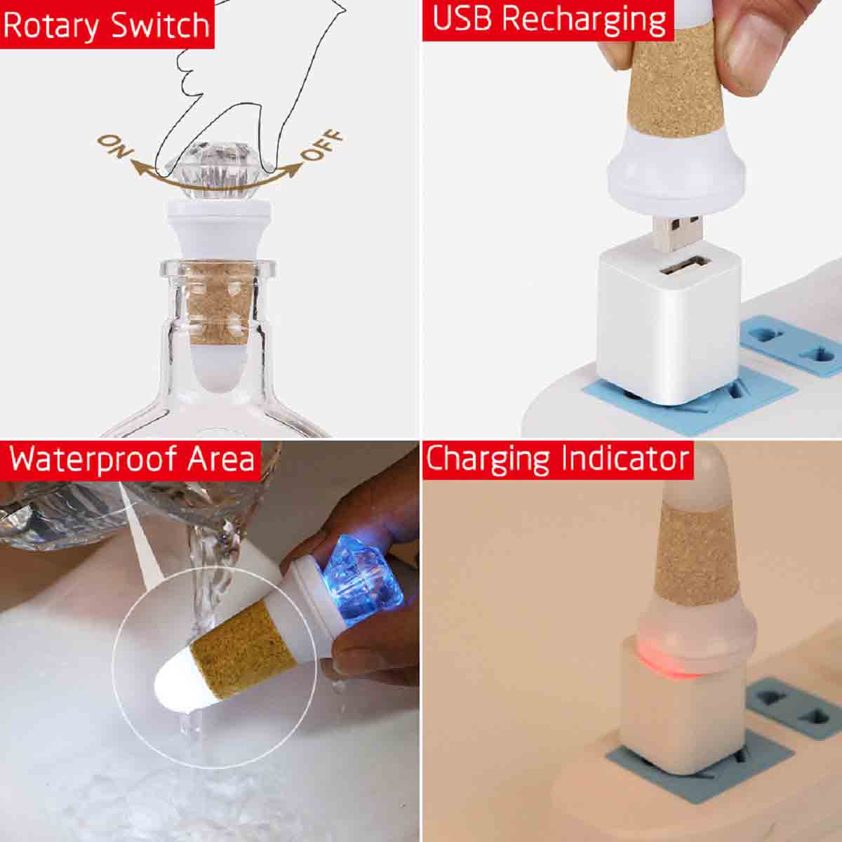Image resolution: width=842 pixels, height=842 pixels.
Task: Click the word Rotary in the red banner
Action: tap(52, 25)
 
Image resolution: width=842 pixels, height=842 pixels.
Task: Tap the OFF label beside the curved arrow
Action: tap(322, 145)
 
